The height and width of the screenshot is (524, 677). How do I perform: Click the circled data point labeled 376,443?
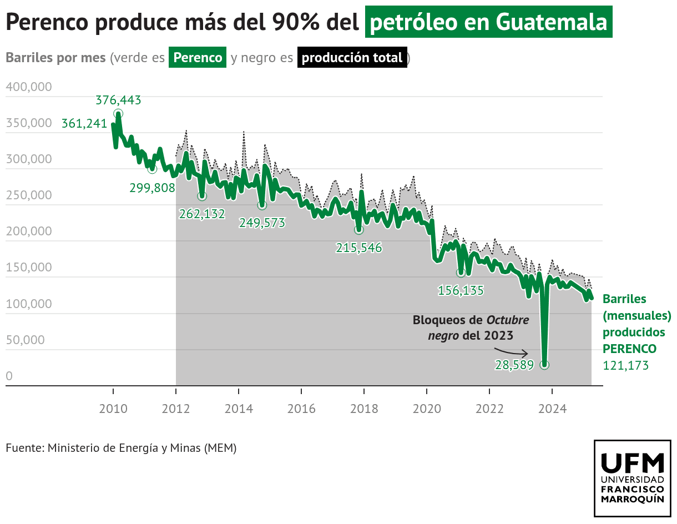(x=118, y=114)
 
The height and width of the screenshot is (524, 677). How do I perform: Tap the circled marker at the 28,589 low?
(x=545, y=365)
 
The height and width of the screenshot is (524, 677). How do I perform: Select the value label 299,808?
(x=152, y=188)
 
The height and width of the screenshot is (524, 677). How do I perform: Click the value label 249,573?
(x=262, y=223)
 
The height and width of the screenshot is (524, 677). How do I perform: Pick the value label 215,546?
(x=359, y=248)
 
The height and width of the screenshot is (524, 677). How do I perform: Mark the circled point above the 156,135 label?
(x=461, y=273)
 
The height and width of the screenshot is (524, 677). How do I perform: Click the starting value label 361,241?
(x=84, y=124)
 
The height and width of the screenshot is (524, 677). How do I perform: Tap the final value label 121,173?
(x=625, y=365)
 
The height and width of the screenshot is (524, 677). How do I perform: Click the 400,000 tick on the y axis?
(x=29, y=87)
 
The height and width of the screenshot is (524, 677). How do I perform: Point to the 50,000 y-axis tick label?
(x=25, y=340)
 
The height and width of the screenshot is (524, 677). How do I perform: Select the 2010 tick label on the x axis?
(x=113, y=409)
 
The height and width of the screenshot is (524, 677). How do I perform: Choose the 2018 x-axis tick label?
(x=364, y=409)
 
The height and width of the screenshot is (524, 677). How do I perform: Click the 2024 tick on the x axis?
(x=552, y=409)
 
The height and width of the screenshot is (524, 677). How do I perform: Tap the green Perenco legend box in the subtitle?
(x=198, y=58)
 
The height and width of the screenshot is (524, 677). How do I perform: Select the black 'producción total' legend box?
(x=352, y=58)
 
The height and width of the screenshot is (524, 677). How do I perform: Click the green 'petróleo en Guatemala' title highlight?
(x=488, y=22)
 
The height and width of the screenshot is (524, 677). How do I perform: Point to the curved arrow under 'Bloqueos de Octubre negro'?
(x=511, y=351)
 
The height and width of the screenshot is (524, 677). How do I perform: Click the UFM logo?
(x=633, y=478)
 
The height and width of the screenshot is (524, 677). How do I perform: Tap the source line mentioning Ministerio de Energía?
(x=121, y=447)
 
